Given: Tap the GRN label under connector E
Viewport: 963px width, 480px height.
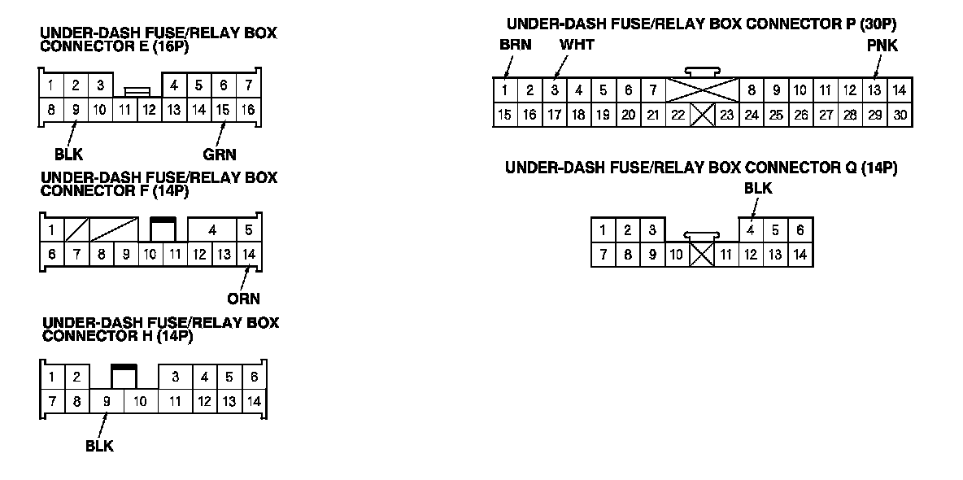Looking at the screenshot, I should [x=220, y=154].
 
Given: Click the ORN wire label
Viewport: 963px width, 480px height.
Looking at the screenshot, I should [x=243, y=299].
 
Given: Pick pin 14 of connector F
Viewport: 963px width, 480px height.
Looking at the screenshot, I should [x=249, y=255].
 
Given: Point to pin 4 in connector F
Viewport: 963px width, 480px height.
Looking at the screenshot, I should [x=211, y=230].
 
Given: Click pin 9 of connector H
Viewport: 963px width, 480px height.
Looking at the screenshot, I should [x=106, y=401].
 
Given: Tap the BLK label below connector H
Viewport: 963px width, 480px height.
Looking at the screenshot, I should [x=99, y=446].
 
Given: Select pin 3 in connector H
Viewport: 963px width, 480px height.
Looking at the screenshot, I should [x=175, y=377].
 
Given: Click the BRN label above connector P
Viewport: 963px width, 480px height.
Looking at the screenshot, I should [x=516, y=45].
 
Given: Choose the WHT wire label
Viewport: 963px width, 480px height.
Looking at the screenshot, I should [x=577, y=45].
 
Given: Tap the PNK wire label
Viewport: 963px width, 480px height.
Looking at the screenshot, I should [x=882, y=46].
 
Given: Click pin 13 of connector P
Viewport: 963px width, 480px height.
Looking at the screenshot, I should [x=874, y=90].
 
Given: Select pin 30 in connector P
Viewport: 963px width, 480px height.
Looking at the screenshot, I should [x=900, y=115].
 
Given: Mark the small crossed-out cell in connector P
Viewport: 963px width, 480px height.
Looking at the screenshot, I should [x=702, y=115].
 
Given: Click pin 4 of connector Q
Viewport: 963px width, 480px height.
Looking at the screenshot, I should [x=751, y=230].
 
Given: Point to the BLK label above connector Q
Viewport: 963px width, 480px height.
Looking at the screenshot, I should [x=758, y=189].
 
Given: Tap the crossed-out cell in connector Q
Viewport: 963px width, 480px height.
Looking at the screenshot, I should [x=701, y=255].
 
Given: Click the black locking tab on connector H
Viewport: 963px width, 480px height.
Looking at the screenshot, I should [x=124, y=369].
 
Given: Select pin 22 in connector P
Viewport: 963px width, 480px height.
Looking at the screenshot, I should [x=678, y=115].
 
